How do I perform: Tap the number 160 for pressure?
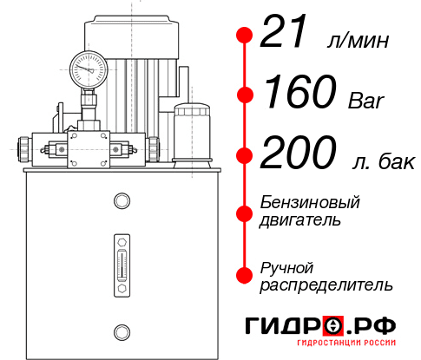click(299, 93)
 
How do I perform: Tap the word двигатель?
click(300, 220)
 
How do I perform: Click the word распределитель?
click(326, 285)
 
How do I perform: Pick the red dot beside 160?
click(245, 95)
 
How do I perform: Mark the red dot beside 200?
click(245, 155)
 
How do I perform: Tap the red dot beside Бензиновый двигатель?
click(245, 212)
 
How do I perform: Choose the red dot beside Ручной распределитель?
click(245, 275)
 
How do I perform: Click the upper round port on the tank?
click(121, 202)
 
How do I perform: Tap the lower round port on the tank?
click(121, 330)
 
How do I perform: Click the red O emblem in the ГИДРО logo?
click(332, 325)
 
